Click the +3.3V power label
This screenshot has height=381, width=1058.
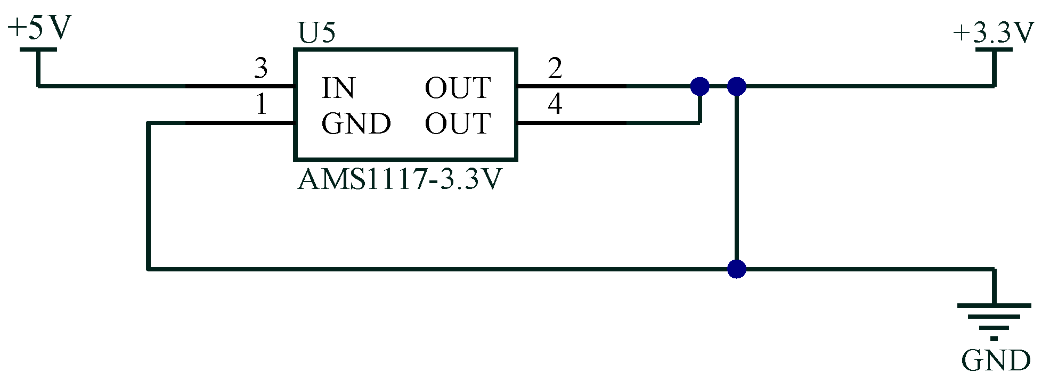click(x=994, y=33)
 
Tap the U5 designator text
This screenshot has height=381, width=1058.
click(x=317, y=33)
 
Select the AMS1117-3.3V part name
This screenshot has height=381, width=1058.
click(x=400, y=179)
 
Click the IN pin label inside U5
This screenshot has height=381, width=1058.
click(x=338, y=88)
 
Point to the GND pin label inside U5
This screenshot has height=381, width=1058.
click(x=356, y=124)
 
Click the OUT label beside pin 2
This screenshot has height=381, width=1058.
click(x=458, y=88)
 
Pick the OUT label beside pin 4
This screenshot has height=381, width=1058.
click(x=458, y=124)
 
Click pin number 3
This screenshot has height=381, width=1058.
click(x=261, y=68)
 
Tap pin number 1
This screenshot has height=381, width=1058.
click(x=261, y=104)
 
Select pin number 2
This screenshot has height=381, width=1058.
click(x=555, y=68)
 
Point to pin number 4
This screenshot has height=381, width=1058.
click(x=555, y=104)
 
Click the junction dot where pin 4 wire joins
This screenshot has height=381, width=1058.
click(x=699, y=86)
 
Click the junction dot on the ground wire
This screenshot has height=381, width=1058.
click(x=736, y=269)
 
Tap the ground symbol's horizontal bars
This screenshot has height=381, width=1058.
click(x=994, y=317)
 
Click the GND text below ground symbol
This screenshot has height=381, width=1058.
click(x=995, y=361)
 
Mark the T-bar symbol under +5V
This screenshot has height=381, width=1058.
click(x=38, y=50)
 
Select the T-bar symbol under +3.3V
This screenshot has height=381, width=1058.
click(x=994, y=50)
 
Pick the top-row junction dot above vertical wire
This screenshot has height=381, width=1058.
click(x=736, y=86)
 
